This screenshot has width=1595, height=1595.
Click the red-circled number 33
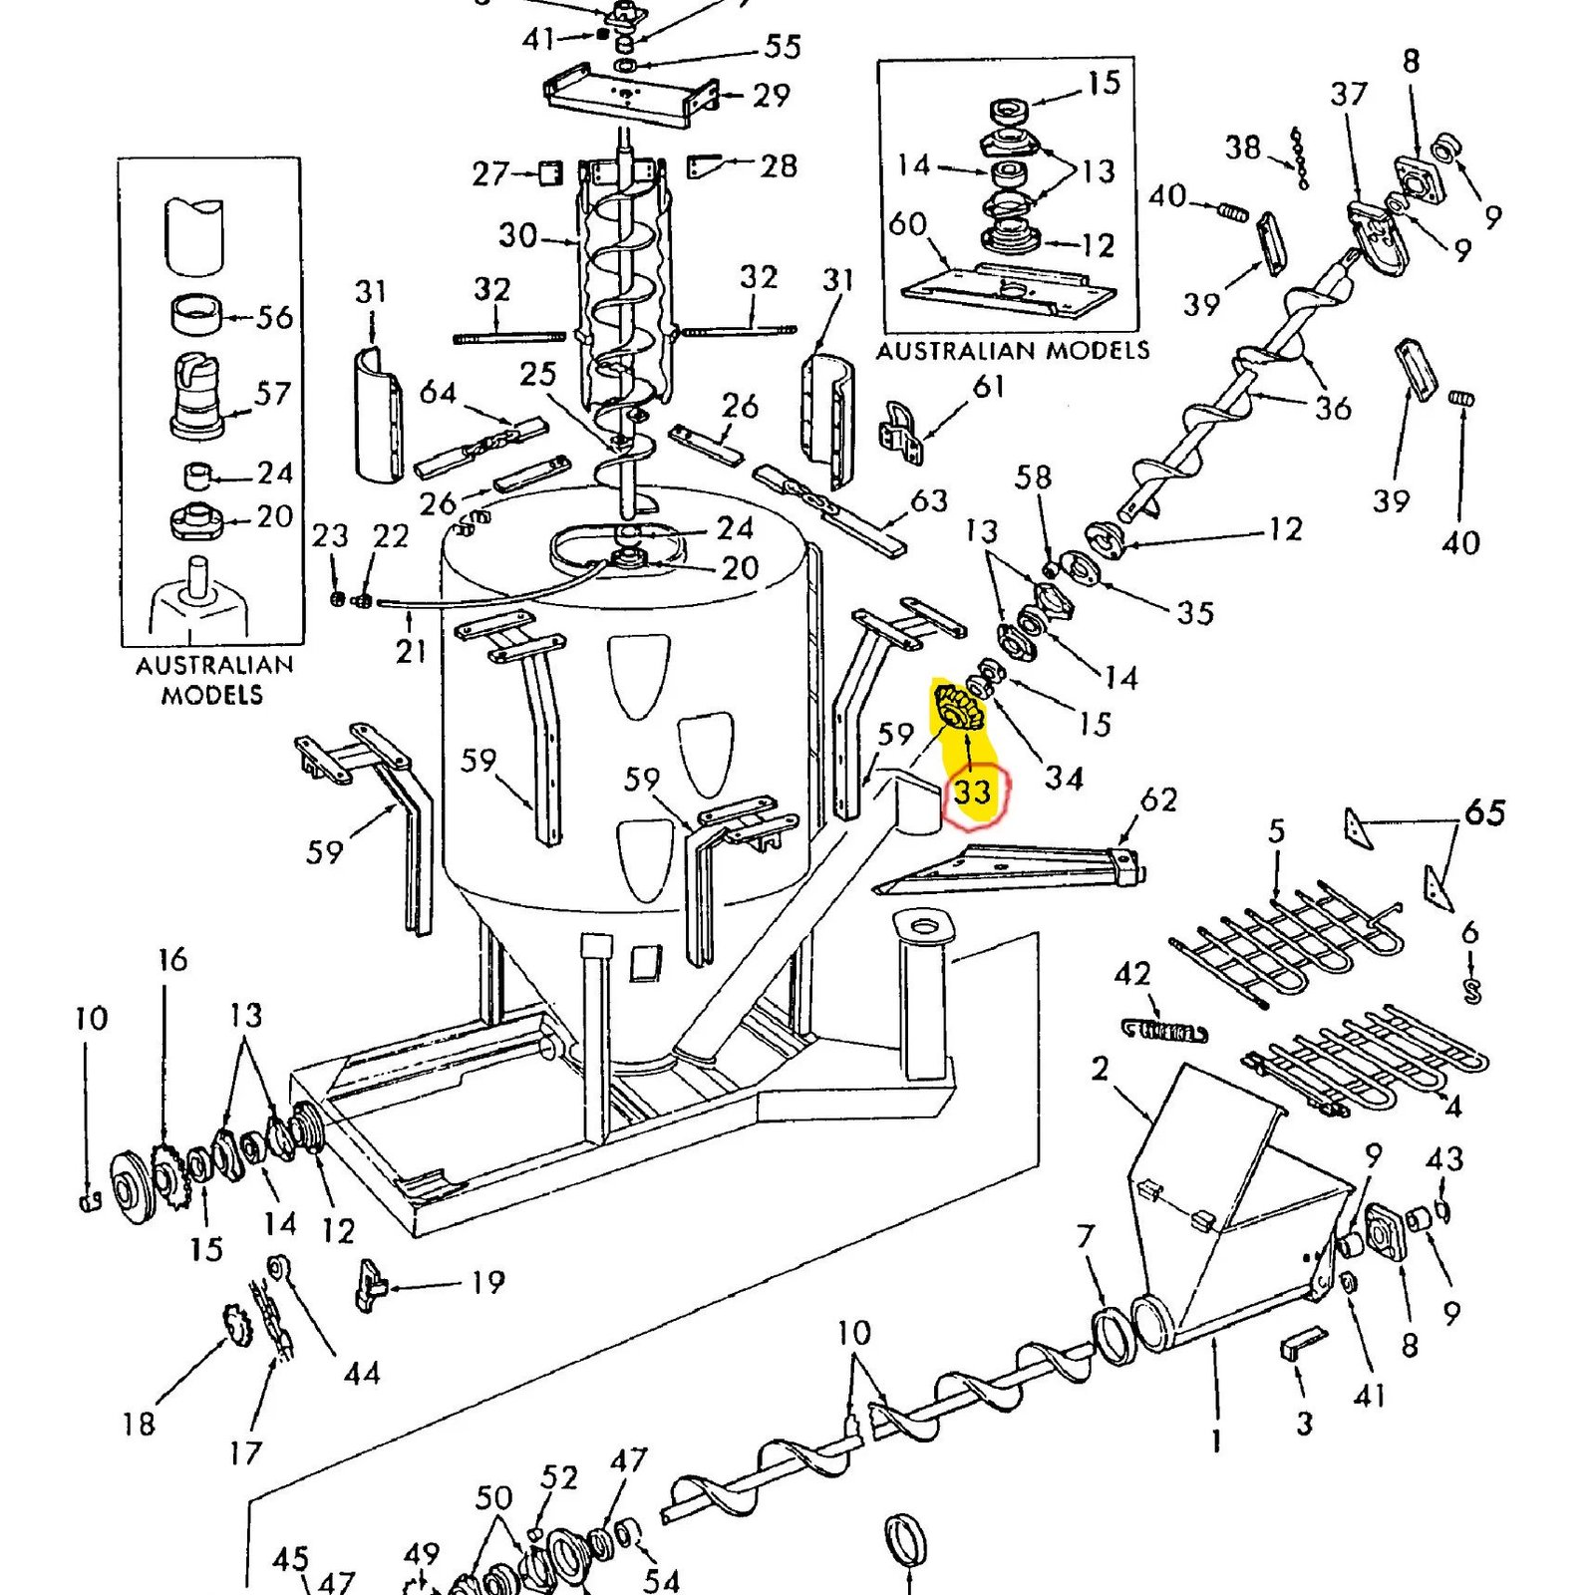[972, 792]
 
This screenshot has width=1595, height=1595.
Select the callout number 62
[1158, 799]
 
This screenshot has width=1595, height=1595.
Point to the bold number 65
[1484, 812]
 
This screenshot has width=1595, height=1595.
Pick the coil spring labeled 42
[1164, 1031]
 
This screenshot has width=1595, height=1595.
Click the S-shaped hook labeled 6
[1472, 991]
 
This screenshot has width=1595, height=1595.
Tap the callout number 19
[487, 1282]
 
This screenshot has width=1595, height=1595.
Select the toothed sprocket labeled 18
[239, 1328]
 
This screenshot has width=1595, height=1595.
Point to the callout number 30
[518, 235]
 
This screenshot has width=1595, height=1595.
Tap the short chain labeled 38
[1299, 158]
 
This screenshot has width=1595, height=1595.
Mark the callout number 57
[272, 393]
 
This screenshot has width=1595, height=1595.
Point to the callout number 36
[1333, 408]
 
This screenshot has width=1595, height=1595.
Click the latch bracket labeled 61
[901, 434]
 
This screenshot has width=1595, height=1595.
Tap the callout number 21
[411, 651]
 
